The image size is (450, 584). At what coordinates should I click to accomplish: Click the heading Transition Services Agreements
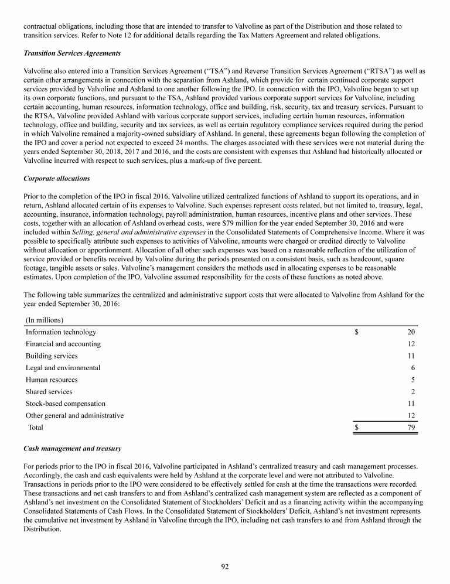pos(72,53)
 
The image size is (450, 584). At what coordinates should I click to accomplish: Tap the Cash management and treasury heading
pos(72,449)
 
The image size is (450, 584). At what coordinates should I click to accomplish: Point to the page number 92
pos(224,566)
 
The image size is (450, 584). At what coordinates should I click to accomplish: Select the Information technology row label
pos(57,332)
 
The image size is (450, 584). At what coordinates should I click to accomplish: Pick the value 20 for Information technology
pos(411,332)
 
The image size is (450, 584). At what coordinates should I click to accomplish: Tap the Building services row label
pos(52,356)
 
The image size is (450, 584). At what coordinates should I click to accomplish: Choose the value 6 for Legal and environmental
pos(413,368)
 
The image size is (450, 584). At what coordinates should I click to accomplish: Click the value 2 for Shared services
pos(413,391)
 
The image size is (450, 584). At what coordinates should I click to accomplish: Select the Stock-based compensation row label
pos(66,404)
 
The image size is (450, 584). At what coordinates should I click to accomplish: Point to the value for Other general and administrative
pos(411,415)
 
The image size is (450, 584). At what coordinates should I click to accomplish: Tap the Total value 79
pos(411,428)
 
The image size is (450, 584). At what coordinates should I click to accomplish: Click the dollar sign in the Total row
pos(357,428)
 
